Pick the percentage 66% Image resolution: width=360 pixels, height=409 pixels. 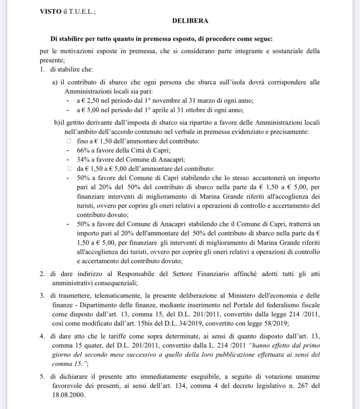(84, 150)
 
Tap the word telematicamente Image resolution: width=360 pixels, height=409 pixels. (111, 296)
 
